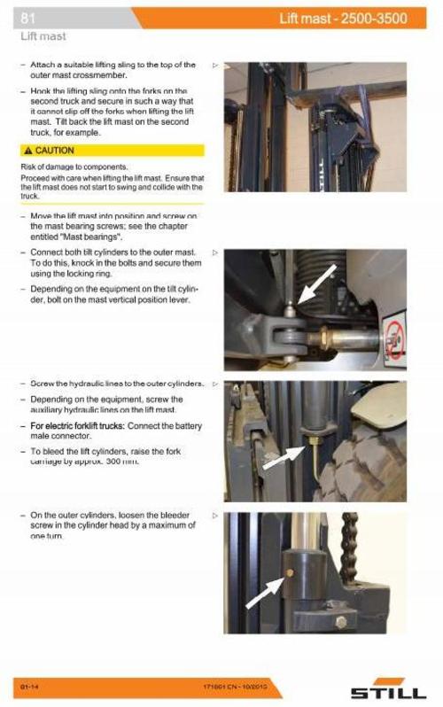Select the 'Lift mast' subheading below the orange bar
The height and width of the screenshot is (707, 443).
point(43,37)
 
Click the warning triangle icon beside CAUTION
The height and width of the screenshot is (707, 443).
point(28,151)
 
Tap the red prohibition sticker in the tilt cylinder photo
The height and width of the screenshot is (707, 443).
point(395,337)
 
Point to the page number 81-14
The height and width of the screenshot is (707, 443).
point(29,688)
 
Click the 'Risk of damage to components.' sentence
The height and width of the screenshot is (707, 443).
point(74,167)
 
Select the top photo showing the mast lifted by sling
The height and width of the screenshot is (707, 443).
point(315,127)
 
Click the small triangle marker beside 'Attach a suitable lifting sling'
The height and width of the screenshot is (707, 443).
point(215,66)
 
